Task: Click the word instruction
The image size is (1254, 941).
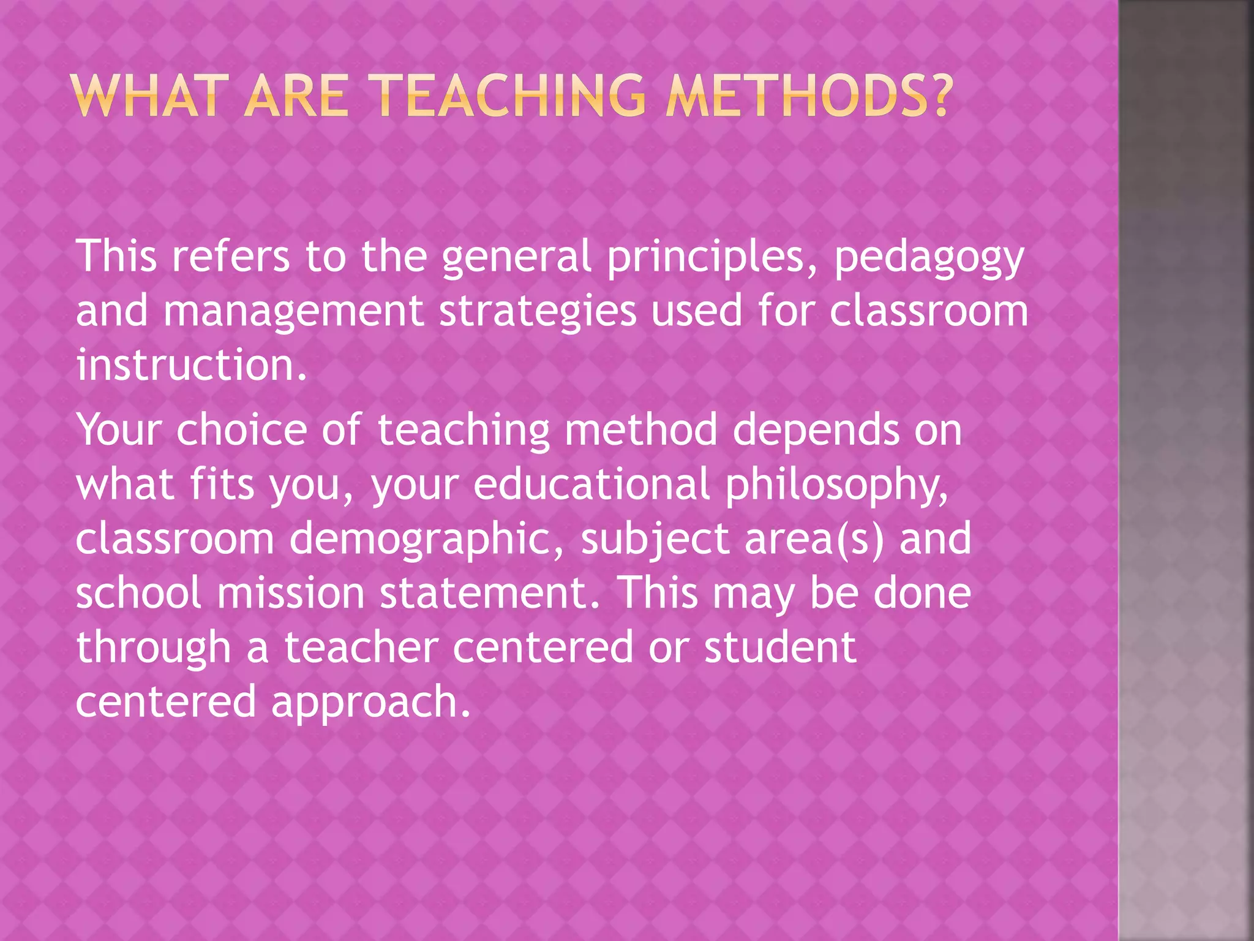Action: (x=190, y=365)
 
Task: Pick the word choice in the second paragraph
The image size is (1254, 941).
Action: (x=242, y=430)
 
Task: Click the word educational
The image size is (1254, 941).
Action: (x=591, y=484)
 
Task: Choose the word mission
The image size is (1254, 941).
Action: (x=291, y=593)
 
